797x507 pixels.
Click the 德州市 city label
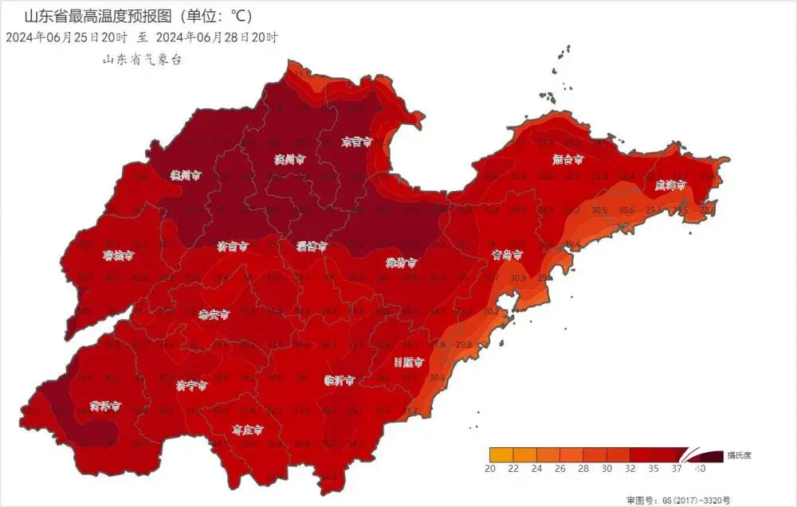tap(186, 174)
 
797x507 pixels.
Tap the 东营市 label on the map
tap(357, 142)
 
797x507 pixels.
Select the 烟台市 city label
tap(567, 159)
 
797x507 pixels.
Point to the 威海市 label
tap(670, 185)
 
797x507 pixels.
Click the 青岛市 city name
tap(507, 255)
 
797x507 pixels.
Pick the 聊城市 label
tap(118, 256)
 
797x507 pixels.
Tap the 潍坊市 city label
tap(402, 263)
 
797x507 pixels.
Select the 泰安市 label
tap(214, 314)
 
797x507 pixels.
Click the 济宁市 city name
tap(191, 386)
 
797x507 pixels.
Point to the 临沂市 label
tap(340, 381)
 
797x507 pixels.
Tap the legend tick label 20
tap(490, 470)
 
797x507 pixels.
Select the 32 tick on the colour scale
tap(630, 470)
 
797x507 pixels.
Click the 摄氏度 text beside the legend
tap(739, 456)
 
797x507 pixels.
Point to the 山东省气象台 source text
tap(143, 60)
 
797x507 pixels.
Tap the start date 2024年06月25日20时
tap(67, 37)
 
